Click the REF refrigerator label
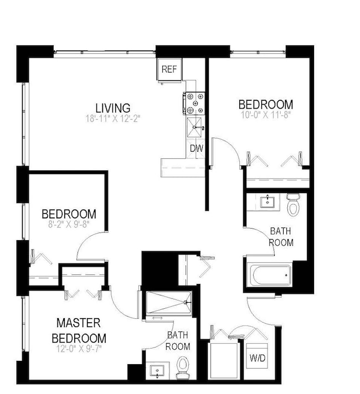coord(168,70)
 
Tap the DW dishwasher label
coord(196,148)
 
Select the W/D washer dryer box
coord(257,357)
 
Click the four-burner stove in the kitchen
coord(195,103)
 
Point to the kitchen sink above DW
coord(195,127)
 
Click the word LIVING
coord(112,108)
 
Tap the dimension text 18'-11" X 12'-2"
coord(112,118)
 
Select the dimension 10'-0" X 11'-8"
coord(265,115)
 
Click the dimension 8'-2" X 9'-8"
coord(69,225)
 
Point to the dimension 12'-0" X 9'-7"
coord(79,349)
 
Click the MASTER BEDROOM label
coord(79,330)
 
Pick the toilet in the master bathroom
coord(183,367)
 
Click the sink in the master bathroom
coord(156,370)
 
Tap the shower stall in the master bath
coord(167,303)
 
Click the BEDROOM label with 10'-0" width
coord(265,104)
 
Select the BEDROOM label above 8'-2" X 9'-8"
coord(69,214)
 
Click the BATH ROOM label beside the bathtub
coord(281,236)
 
